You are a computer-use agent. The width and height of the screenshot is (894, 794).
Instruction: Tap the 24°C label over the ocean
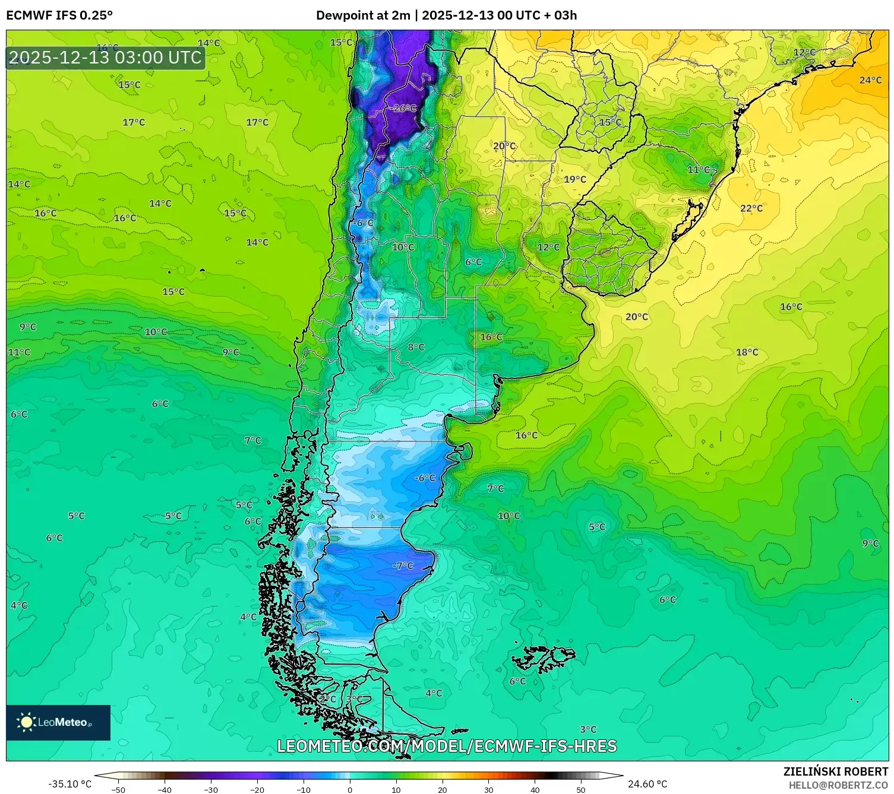tap(870, 80)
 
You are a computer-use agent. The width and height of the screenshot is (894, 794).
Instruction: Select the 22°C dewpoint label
tap(751, 208)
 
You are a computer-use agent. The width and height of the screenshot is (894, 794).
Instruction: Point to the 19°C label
tap(574, 179)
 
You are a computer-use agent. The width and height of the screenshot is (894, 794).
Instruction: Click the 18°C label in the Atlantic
tap(747, 352)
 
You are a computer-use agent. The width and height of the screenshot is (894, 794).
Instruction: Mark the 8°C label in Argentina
tap(416, 347)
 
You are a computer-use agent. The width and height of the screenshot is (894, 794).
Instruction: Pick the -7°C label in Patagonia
tap(403, 566)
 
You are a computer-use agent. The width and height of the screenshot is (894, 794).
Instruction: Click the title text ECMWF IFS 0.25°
tap(59, 15)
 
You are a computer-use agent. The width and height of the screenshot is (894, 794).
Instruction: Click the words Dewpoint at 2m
tap(363, 15)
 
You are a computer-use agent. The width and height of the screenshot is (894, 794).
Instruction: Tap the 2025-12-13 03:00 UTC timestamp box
tap(105, 58)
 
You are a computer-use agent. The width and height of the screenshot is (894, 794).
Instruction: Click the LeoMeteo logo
tap(58, 722)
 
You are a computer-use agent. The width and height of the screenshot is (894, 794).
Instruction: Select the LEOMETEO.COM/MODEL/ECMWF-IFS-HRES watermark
tap(447, 746)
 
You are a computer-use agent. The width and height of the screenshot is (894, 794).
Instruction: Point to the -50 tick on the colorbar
tap(118, 790)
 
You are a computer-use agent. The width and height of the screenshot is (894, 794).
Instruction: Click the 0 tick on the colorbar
tap(350, 790)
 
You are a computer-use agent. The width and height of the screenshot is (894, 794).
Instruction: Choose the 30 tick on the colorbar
tap(488, 790)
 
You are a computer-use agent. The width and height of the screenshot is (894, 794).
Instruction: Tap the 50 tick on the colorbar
tap(580, 790)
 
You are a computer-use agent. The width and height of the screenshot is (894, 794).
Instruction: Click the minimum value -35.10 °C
tap(70, 784)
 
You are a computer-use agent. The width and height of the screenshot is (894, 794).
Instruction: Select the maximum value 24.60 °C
tap(647, 784)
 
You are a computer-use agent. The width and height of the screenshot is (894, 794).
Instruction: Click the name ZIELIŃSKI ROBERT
tap(835, 771)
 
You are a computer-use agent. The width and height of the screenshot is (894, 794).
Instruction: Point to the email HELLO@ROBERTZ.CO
tap(838, 785)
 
